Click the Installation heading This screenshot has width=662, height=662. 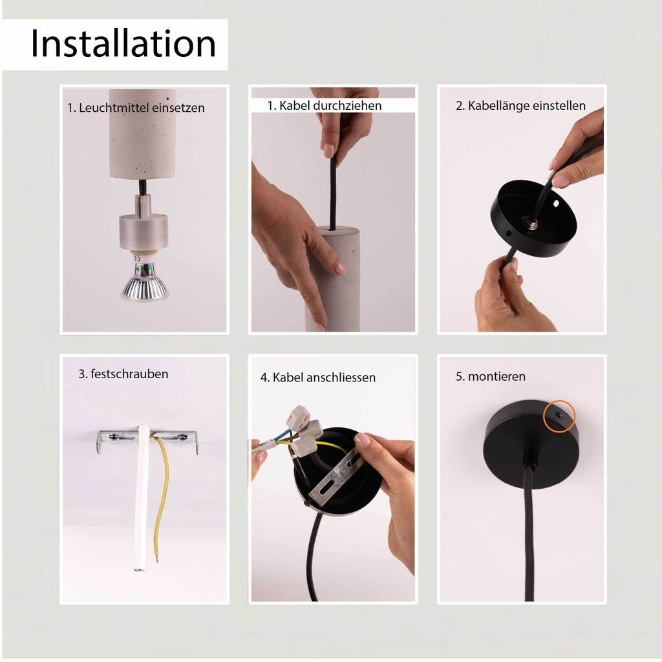[123, 44]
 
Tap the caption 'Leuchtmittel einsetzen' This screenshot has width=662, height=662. [142, 108]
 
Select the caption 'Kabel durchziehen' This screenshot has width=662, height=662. [330, 105]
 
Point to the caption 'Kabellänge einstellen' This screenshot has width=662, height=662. [526, 105]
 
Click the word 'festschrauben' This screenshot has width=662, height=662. [129, 374]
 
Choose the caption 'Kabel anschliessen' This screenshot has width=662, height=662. [324, 378]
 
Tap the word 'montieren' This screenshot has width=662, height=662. [496, 377]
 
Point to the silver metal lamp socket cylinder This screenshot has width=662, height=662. [144, 232]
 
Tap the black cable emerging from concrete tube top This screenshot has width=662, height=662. [333, 193]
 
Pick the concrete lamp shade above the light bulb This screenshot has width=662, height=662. [142, 133]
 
